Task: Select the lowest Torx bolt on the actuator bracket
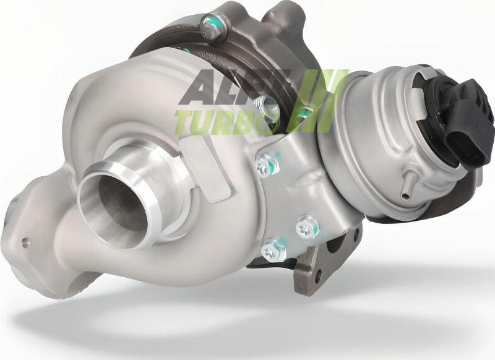coord(269,251)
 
